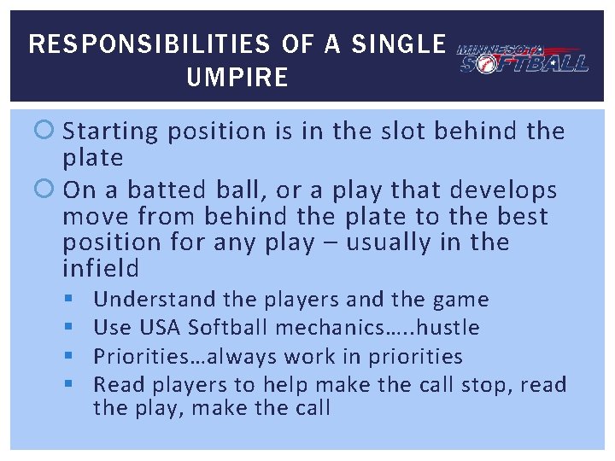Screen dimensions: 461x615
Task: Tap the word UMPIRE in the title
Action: click(x=237, y=79)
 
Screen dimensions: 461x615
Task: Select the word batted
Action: click(x=199, y=190)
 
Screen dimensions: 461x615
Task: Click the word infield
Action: click(x=101, y=269)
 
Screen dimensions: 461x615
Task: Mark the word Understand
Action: click(x=155, y=300)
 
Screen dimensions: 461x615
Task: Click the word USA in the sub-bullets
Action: click(x=158, y=328)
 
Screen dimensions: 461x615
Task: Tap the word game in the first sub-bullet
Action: click(x=460, y=300)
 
